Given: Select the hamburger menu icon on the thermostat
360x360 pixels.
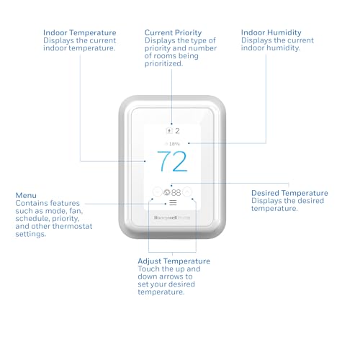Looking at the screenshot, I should tap(173, 203).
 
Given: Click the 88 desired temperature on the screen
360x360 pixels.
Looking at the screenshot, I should tap(176, 193).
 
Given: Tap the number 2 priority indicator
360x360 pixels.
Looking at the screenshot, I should tap(177, 132).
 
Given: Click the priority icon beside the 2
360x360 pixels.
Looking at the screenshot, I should tap(169, 132).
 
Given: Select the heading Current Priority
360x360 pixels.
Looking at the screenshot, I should tap(173, 32).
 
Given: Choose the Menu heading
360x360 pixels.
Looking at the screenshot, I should tap(26, 194).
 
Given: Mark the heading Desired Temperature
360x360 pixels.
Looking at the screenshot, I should tap(289, 193).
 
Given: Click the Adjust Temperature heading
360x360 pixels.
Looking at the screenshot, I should tap(174, 261).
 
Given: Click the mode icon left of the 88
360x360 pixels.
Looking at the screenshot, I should tap(166, 193).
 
